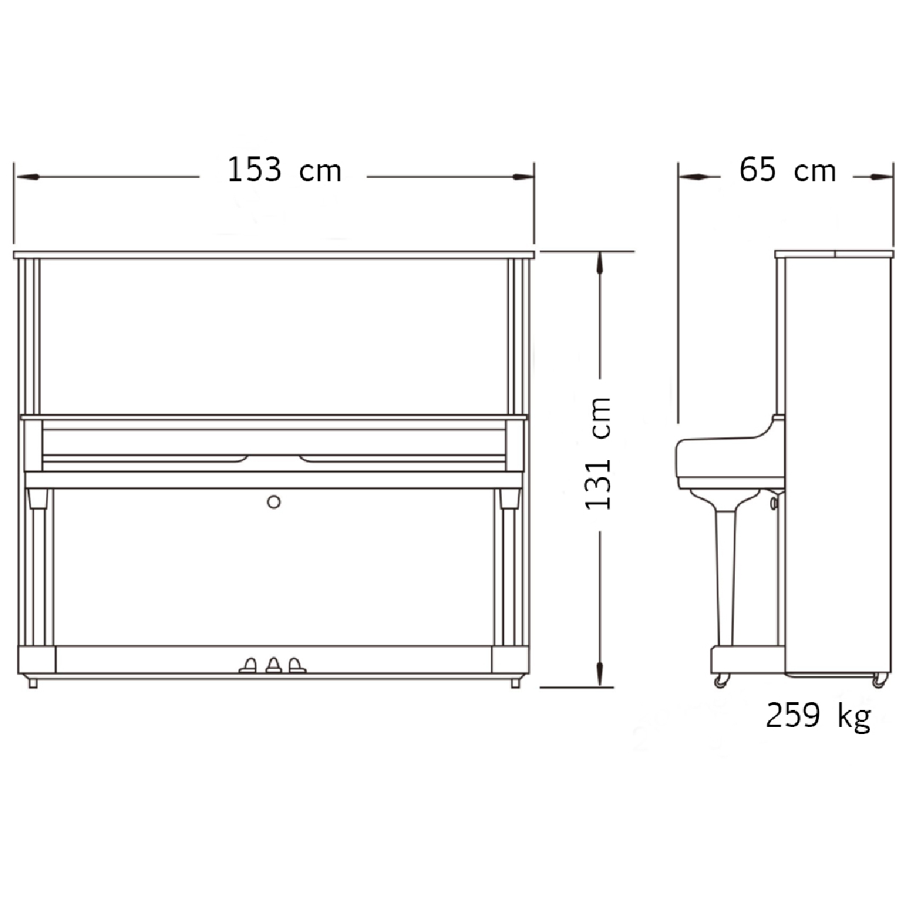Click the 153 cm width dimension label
284,170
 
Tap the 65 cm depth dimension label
788,170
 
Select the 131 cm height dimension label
597,454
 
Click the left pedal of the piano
248,665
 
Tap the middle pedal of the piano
274,665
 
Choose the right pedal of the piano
297,665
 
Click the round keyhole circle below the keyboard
274,502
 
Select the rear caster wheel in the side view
878,681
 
